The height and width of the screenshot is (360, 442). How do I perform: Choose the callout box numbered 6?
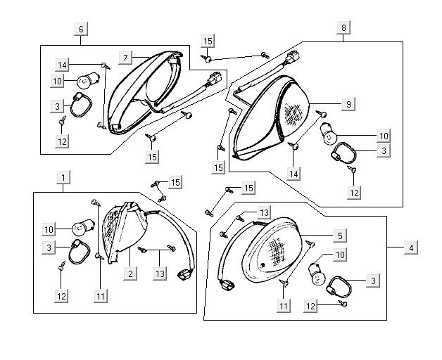[x=81, y=29]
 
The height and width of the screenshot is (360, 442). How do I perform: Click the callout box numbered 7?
[x=125, y=56]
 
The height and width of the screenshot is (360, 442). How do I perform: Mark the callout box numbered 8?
[x=343, y=27]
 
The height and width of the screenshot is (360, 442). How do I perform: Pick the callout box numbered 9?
[x=348, y=105]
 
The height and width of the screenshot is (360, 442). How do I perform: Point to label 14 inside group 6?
[x=62, y=65]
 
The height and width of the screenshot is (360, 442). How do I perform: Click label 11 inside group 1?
[x=101, y=296]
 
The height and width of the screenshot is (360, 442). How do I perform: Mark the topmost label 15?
[x=207, y=41]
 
